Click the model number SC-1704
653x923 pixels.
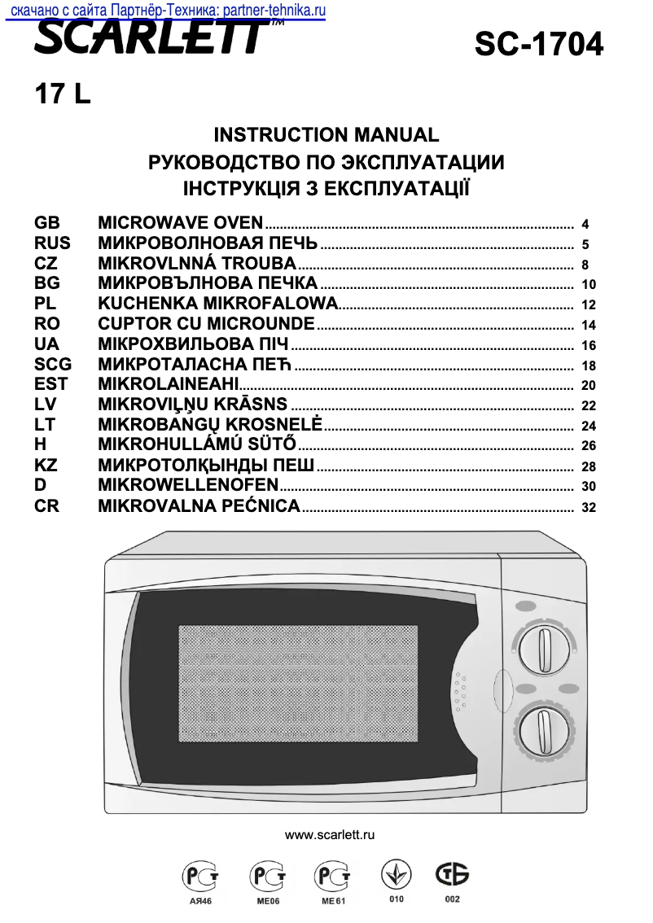(539, 44)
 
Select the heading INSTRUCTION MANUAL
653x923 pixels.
(326, 135)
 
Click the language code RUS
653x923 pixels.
(52, 243)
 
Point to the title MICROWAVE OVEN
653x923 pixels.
(180, 222)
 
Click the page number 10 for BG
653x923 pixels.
(589, 285)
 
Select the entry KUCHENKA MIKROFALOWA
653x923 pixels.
(217, 304)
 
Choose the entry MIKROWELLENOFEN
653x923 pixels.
(188, 486)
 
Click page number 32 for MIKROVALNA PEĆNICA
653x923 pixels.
(589, 508)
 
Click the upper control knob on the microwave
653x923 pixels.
(544, 651)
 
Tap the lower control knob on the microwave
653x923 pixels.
(544, 730)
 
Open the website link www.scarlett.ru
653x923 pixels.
(330, 836)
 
